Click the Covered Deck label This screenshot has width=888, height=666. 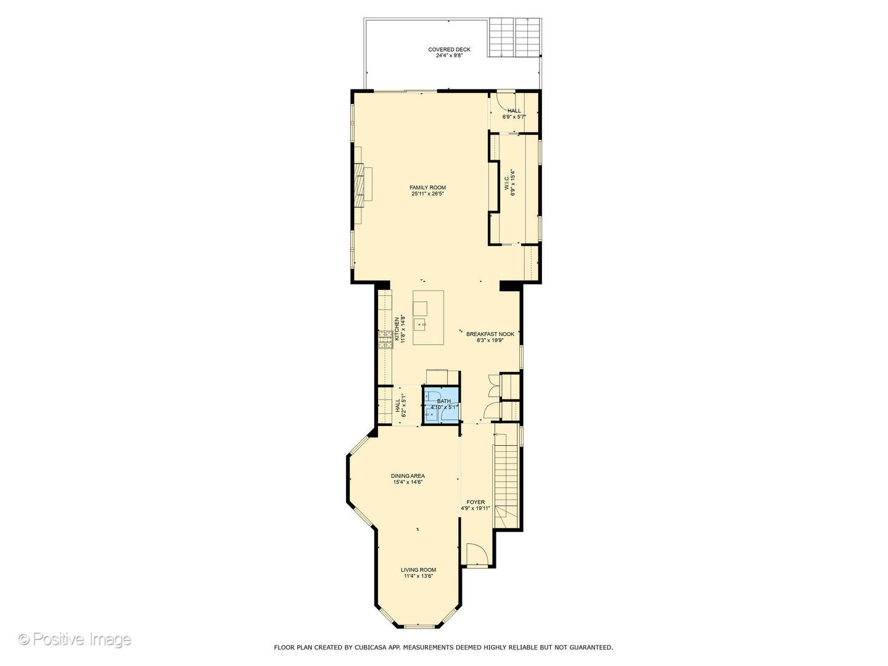pyautogui.click(x=449, y=49)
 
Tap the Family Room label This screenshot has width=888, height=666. pyautogui.click(x=427, y=187)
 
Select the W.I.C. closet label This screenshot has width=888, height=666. pyautogui.click(x=506, y=183)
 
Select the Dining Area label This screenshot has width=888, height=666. pyautogui.click(x=408, y=475)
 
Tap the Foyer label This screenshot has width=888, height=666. pyautogui.click(x=475, y=502)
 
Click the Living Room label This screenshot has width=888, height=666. pyautogui.click(x=418, y=570)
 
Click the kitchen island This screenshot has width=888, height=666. pyautogui.click(x=428, y=318)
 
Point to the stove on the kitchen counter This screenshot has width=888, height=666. pyautogui.click(x=385, y=339)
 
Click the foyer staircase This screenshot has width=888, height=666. pyautogui.click(x=506, y=478)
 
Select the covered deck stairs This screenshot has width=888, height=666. pyautogui.click(x=515, y=37)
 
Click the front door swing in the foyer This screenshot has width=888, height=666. pyautogui.click(x=477, y=554)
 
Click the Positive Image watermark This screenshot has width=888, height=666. pyautogui.click(x=75, y=639)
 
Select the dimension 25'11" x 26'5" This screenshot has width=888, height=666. pyautogui.click(x=427, y=194)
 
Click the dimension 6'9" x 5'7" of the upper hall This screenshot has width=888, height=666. pyautogui.click(x=514, y=117)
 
